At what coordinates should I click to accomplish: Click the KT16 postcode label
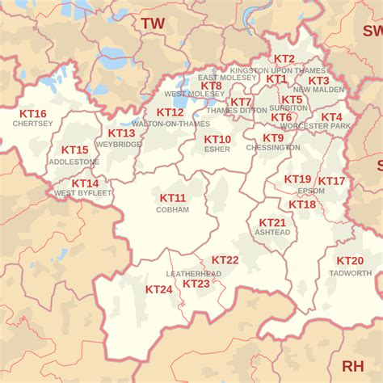(x=33, y=114)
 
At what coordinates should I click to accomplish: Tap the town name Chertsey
(x=33, y=124)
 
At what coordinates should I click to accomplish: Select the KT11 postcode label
(x=172, y=199)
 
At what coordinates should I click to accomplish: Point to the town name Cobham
(x=172, y=209)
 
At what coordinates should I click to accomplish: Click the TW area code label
(x=152, y=23)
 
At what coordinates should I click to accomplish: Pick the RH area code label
(x=352, y=366)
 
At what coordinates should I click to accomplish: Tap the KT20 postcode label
(x=350, y=261)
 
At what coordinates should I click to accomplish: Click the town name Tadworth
(x=350, y=272)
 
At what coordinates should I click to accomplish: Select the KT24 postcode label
(x=158, y=289)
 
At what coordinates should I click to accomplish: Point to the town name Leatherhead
(x=194, y=274)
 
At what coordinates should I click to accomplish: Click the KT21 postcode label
(x=272, y=222)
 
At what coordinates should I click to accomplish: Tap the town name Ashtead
(x=272, y=232)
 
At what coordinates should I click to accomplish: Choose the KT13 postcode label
(x=121, y=133)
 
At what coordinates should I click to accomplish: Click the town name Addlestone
(x=74, y=162)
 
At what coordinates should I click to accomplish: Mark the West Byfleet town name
(x=83, y=193)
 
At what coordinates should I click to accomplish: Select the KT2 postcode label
(x=284, y=59)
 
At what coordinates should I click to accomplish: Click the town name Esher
(x=217, y=149)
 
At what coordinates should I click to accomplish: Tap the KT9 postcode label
(x=272, y=138)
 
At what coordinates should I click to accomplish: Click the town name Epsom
(x=311, y=191)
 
